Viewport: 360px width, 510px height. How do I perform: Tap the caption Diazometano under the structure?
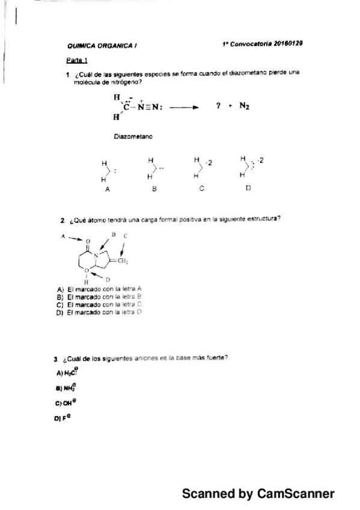[x=133, y=137]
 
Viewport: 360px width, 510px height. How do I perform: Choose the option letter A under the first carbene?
[x=107, y=189]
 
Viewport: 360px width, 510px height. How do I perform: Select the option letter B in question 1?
[x=154, y=189]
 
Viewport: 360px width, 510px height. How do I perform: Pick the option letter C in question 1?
[x=202, y=188]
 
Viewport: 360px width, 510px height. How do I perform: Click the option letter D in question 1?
[x=248, y=188]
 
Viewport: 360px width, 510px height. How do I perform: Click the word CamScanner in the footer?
[x=295, y=494]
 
